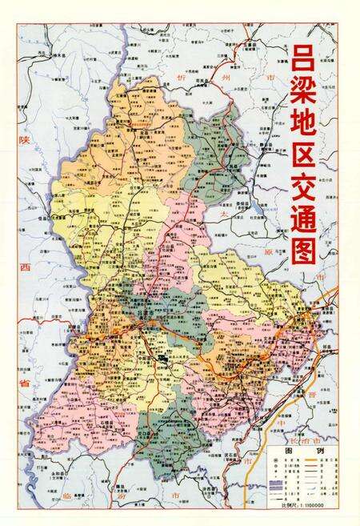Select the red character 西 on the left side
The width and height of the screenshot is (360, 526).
10,266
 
